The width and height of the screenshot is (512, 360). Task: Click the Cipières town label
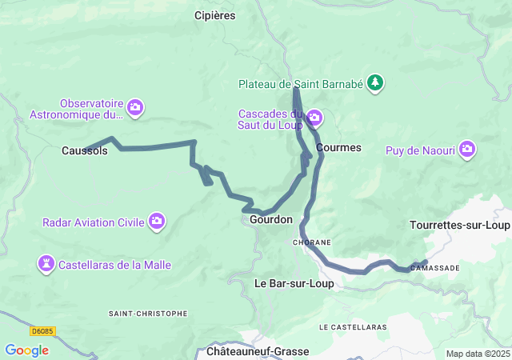click(x=215, y=15)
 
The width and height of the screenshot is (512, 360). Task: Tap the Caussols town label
click(x=84, y=150)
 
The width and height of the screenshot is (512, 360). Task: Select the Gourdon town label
click(x=270, y=219)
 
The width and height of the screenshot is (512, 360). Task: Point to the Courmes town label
click(x=339, y=148)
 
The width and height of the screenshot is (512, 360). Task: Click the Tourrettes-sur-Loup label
click(x=458, y=226)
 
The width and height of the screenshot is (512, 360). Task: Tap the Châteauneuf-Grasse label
click(x=257, y=351)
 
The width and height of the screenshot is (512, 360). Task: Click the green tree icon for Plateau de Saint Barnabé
click(x=375, y=82)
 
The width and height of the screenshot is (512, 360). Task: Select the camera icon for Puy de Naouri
click(x=467, y=149)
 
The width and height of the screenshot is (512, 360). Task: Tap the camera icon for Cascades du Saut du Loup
click(x=314, y=118)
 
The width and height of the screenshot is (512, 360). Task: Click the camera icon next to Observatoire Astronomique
click(x=135, y=106)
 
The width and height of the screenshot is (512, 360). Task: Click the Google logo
click(x=26, y=350)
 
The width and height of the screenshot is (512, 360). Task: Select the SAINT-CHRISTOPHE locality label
click(x=148, y=314)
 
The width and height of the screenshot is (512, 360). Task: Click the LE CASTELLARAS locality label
click(x=353, y=327)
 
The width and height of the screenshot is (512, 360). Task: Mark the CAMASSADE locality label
click(x=434, y=268)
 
